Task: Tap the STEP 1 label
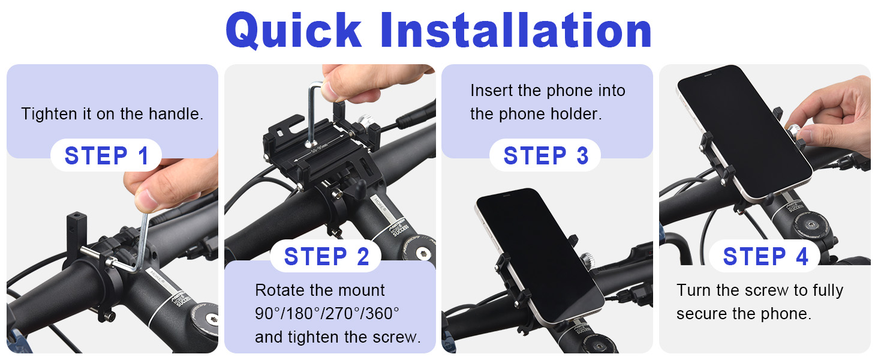click(106, 156)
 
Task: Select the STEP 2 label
click(326, 257)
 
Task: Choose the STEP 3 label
click(545, 156)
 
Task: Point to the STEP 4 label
click(765, 257)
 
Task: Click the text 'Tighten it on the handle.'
click(112, 114)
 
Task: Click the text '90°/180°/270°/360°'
click(327, 314)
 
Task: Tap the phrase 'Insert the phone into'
click(547, 91)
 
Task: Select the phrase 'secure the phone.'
click(743, 314)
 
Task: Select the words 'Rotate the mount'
click(320, 290)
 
